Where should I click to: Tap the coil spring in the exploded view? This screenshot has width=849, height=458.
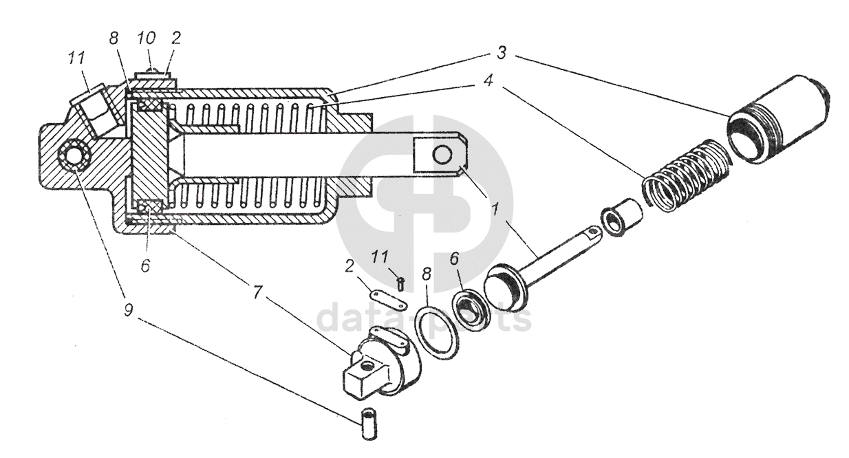pyautogui.click(x=681, y=173)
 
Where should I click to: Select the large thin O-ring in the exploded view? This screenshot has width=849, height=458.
pyautogui.click(x=436, y=332)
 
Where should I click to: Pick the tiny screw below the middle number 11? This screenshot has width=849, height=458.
pyautogui.click(x=401, y=281)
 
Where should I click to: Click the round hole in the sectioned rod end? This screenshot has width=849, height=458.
pyautogui.click(x=442, y=155)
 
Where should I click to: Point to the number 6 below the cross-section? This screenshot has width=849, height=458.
pyautogui.click(x=146, y=265)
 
